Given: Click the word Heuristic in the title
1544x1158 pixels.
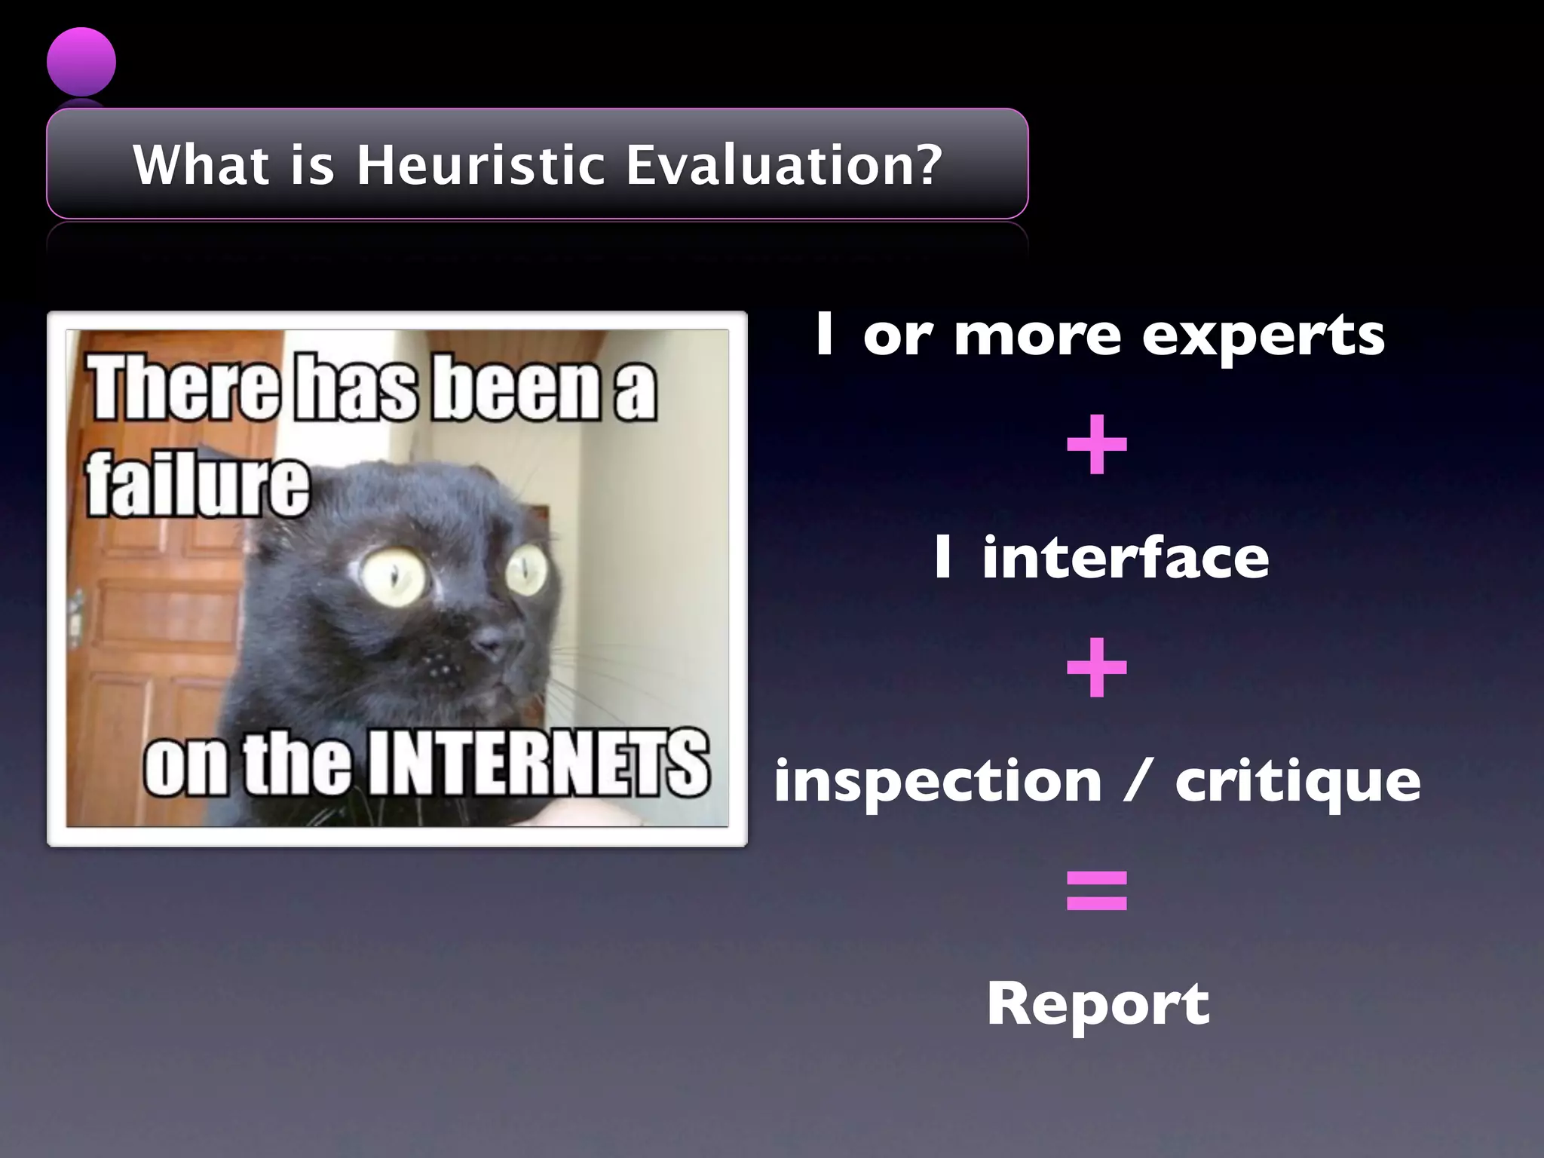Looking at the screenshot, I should tap(480, 165).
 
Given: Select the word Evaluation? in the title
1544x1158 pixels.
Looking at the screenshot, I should tap(784, 165).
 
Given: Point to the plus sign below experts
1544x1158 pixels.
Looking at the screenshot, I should tap(1097, 445).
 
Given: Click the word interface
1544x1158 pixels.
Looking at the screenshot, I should tap(1125, 558).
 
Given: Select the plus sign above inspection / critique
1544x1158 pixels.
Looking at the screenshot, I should tap(1097, 668).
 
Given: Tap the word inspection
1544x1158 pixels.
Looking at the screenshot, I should tap(939, 782).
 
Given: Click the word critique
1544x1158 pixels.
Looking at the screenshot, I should tap(1297, 782).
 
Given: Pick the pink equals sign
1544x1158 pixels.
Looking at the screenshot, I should tap(1097, 890).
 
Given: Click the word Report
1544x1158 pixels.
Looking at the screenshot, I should tap(1098, 1004).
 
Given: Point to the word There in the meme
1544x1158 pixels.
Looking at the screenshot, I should tap(185, 388).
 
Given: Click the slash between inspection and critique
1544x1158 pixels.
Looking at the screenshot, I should tap(1138, 782).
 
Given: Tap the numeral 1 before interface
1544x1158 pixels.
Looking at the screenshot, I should tap(942, 558).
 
